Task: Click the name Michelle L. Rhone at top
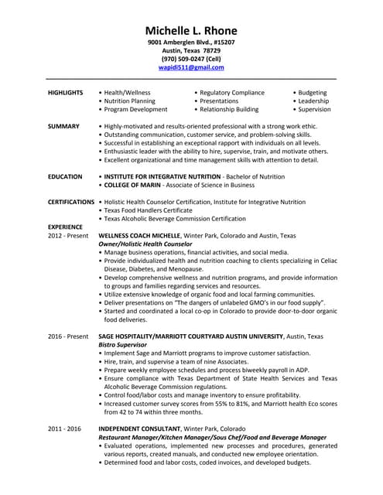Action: (191, 29)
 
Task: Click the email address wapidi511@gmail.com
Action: (191, 68)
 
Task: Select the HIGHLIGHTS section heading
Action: (65, 92)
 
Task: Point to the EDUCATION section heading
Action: (65, 176)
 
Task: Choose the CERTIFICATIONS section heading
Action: (71, 202)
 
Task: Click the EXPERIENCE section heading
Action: (66, 227)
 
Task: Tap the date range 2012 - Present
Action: (68, 235)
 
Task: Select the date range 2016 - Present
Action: (68, 336)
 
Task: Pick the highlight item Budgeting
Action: (313, 92)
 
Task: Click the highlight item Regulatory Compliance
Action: (231, 92)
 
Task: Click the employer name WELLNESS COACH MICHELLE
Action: (144, 235)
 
